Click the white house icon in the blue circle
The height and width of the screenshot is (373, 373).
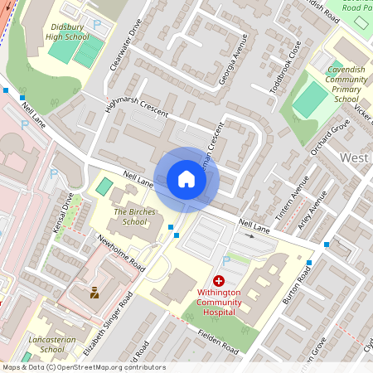pos(186,179)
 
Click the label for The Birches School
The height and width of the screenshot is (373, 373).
pos(129,217)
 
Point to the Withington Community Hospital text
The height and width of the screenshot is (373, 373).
pos(220,302)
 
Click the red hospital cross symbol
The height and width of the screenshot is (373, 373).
pos(220,282)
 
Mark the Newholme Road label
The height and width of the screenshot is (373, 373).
pos(122,252)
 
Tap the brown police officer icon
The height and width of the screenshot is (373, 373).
pos(94,292)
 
